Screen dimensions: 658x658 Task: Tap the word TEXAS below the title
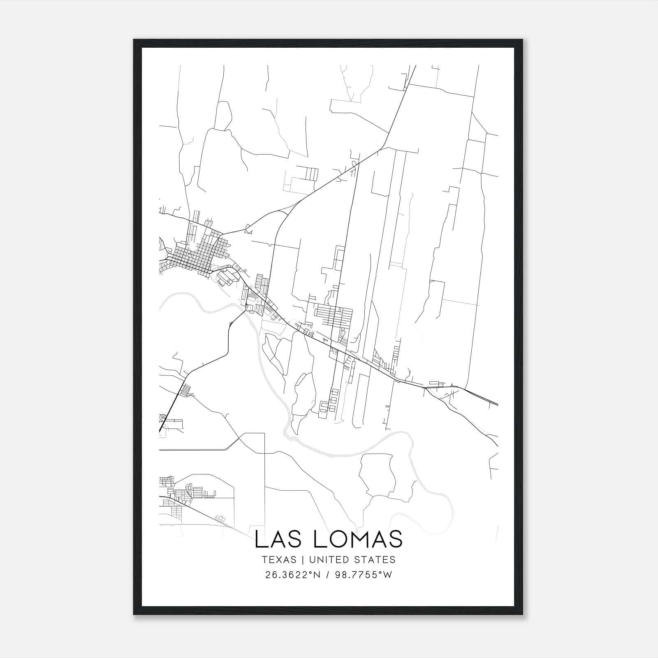click(x=278, y=560)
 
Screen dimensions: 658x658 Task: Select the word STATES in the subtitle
click(x=375, y=560)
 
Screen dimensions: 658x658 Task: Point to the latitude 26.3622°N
click(x=292, y=575)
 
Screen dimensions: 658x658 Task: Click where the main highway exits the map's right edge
click(x=497, y=404)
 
